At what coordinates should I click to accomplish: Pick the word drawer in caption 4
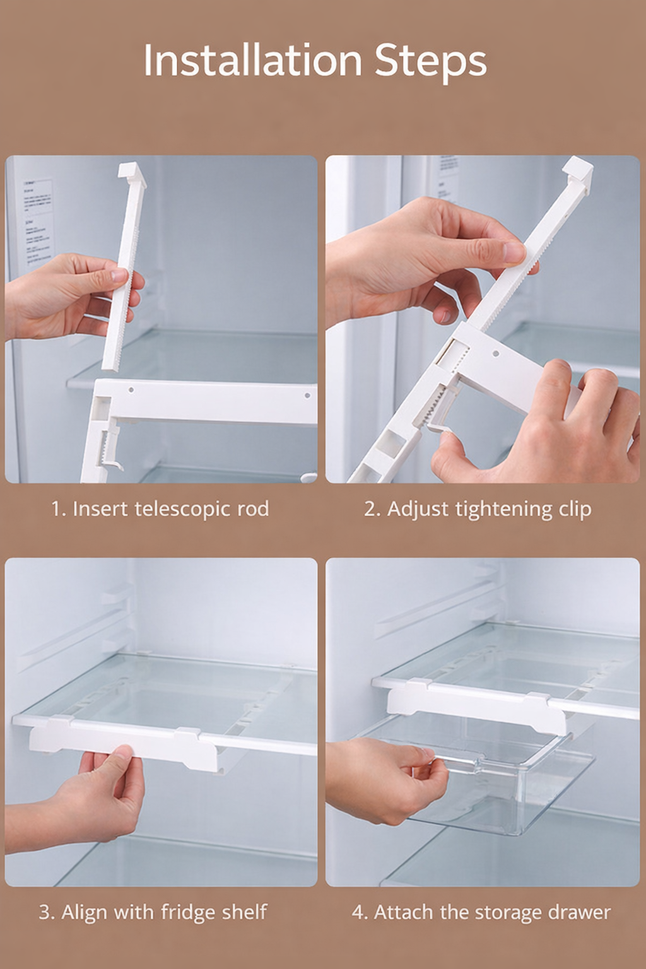pos(579,912)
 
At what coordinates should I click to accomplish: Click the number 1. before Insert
pos(59,509)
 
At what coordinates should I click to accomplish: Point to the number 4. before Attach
pos(360,912)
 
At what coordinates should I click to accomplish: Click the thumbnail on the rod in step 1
pos(119,276)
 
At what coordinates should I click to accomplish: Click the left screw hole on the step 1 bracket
pos(131,390)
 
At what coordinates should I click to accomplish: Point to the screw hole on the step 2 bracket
pos(496,355)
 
